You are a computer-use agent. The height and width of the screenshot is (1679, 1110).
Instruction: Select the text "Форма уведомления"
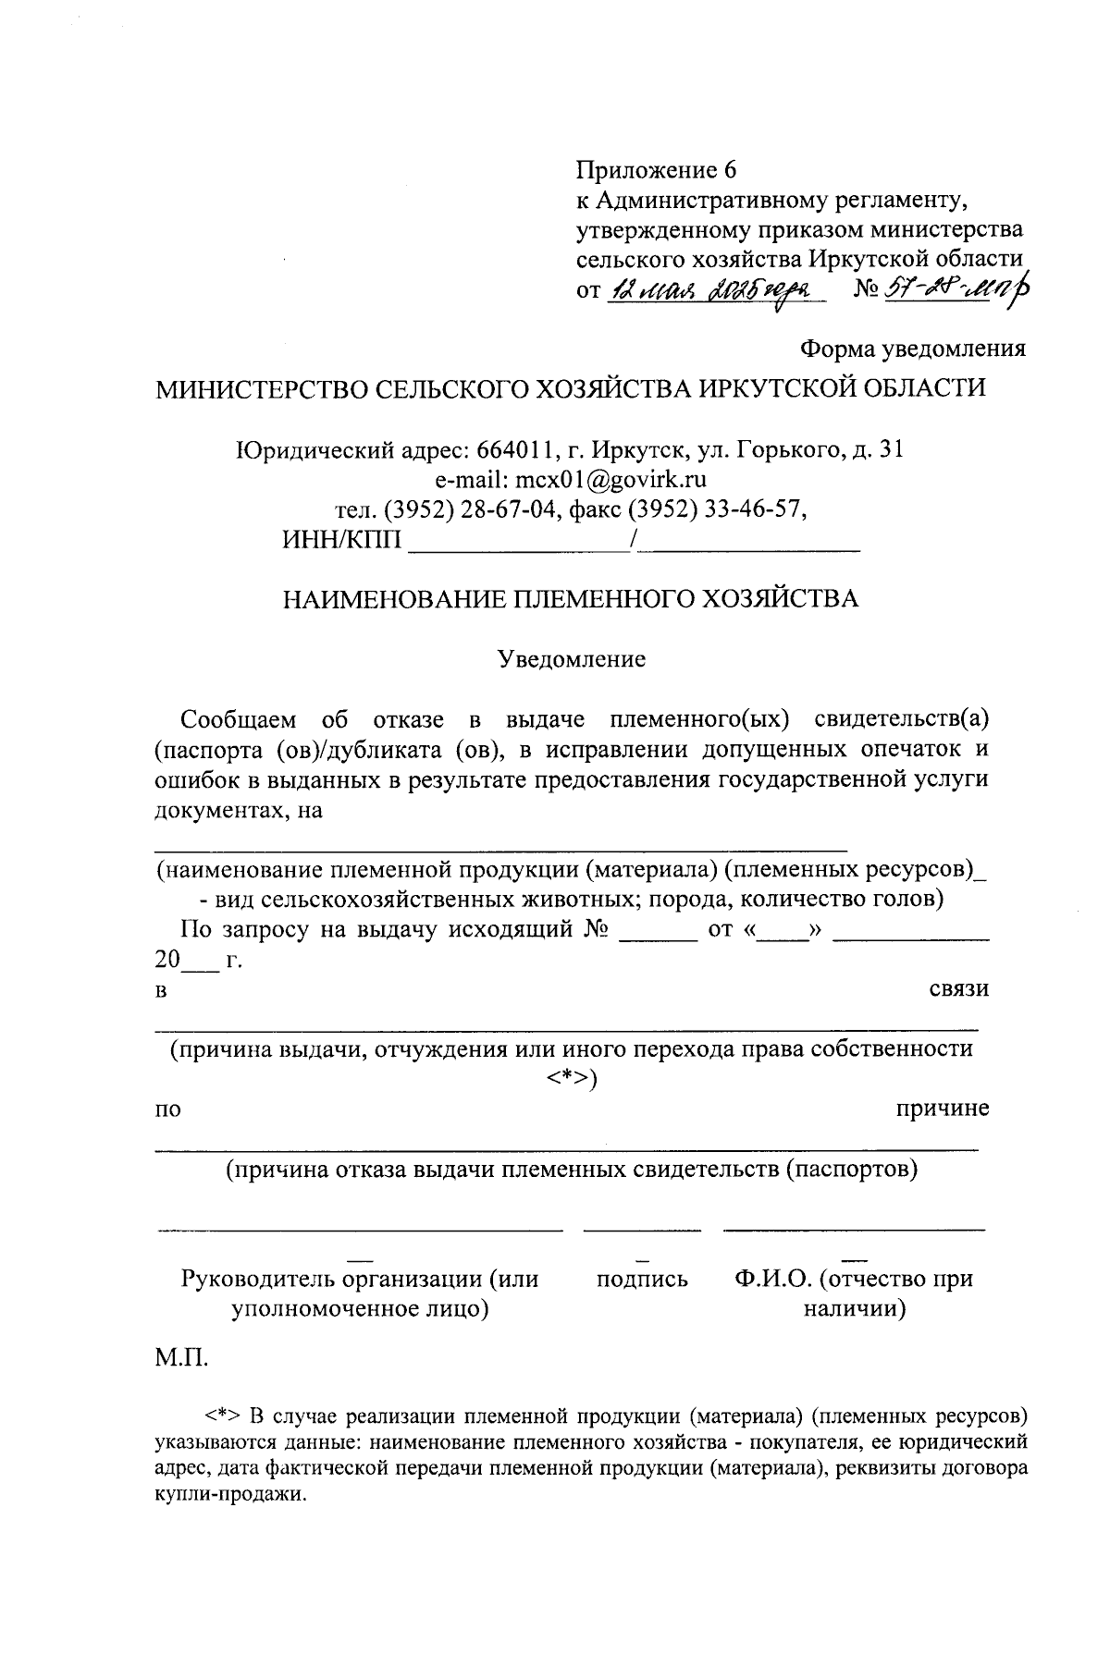(913, 349)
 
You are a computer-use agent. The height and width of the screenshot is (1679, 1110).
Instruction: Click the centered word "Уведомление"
(571, 659)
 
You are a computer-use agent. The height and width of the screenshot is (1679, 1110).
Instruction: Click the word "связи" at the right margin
(958, 988)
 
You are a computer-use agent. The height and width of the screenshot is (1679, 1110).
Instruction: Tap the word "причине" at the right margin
(943, 1108)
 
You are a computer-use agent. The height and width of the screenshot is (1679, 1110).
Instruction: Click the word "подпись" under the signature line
(642, 1280)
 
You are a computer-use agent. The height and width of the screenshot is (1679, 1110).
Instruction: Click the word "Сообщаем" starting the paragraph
(239, 719)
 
